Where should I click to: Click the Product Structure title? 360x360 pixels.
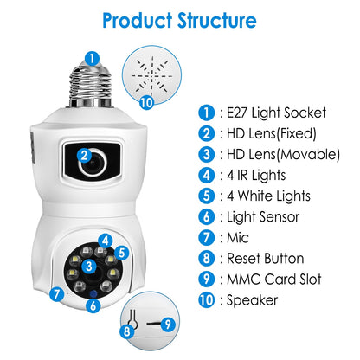pos(179,20)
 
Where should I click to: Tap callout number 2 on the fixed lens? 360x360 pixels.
pos(84,156)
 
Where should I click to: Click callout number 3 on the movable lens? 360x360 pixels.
pos(88,265)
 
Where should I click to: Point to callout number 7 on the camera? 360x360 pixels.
pos(56,294)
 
